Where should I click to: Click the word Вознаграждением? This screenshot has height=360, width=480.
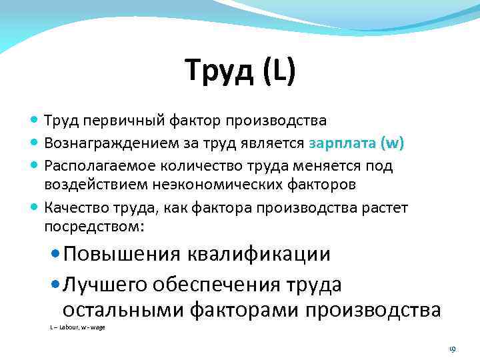tap(107, 143)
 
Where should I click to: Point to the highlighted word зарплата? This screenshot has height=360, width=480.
tap(343, 143)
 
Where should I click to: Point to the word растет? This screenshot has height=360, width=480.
tap(385, 208)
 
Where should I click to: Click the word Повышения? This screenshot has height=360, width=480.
tap(122, 255)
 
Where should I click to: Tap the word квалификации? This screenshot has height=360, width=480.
tap(259, 255)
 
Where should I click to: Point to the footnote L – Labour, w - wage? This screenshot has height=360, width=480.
tap(77, 327)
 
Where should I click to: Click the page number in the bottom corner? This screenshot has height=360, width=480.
tap(451, 348)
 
